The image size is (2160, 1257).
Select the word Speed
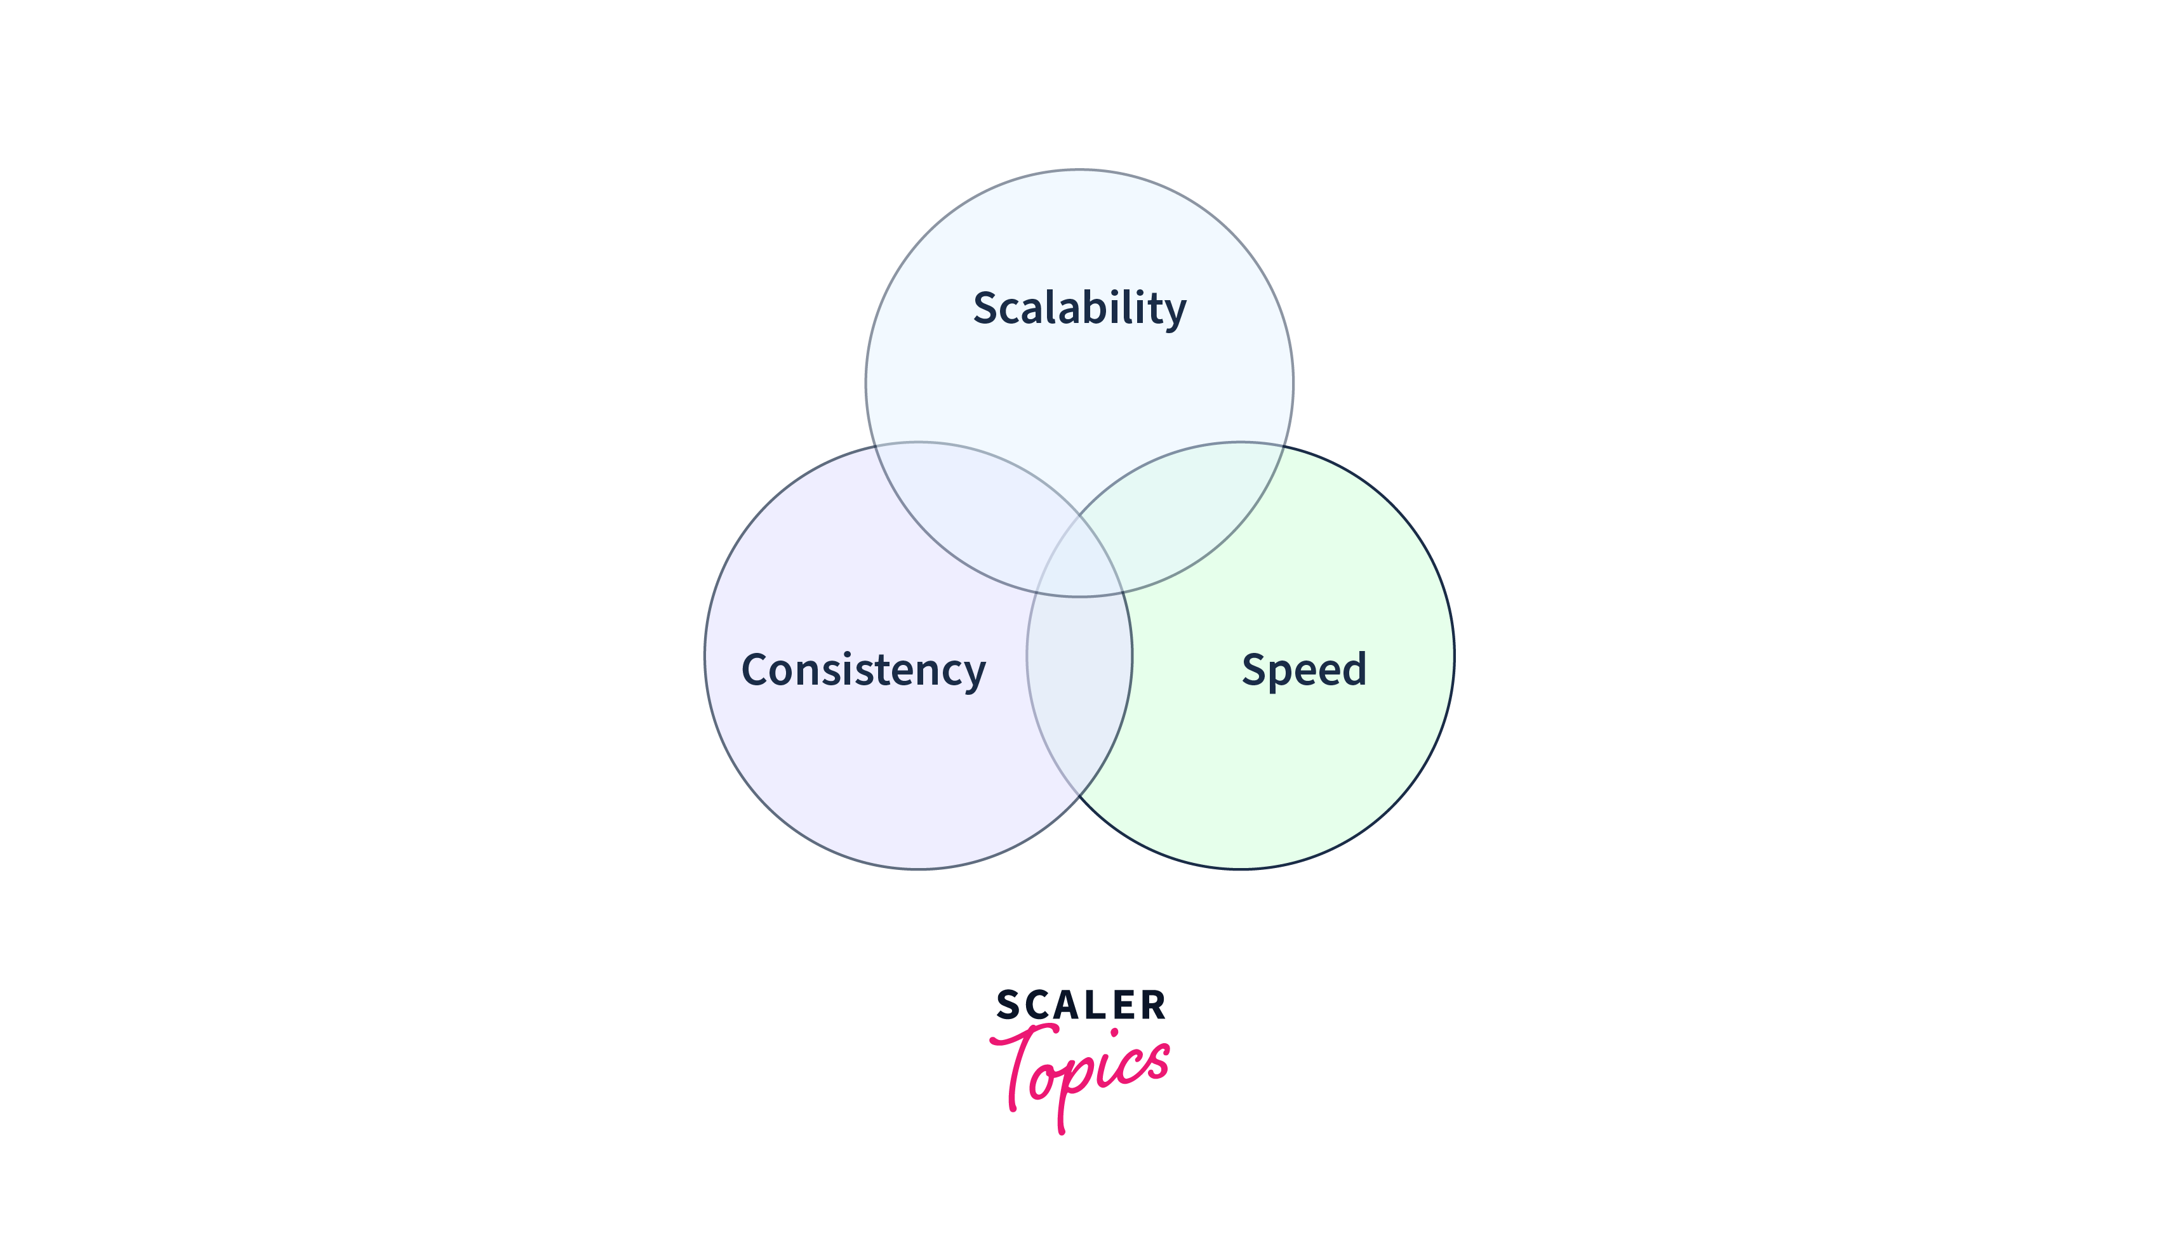pyautogui.click(x=1303, y=670)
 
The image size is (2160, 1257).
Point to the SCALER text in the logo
pyautogui.click(x=1080, y=1005)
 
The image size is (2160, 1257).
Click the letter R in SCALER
pyautogui.click(x=1153, y=1005)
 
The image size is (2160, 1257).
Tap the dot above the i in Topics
pyautogui.click(x=1114, y=1032)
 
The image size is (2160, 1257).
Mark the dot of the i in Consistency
pyautogui.click(x=848, y=654)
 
